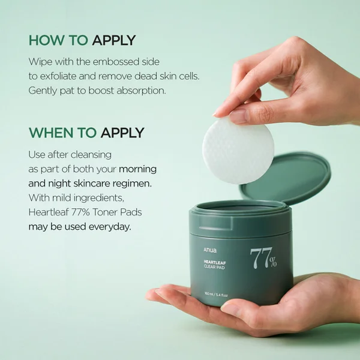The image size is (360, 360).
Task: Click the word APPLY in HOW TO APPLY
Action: pyautogui.click(x=114, y=41)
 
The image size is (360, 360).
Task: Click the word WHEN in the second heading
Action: pyautogui.click(x=50, y=132)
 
